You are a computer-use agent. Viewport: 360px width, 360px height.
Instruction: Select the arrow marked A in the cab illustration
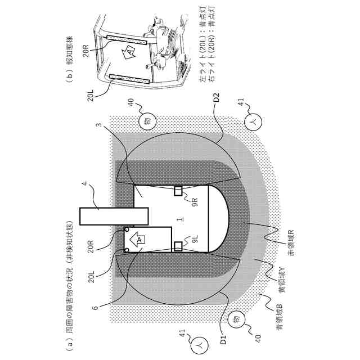click(129, 52)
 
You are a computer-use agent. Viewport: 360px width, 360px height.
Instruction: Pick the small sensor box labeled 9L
click(178, 245)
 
